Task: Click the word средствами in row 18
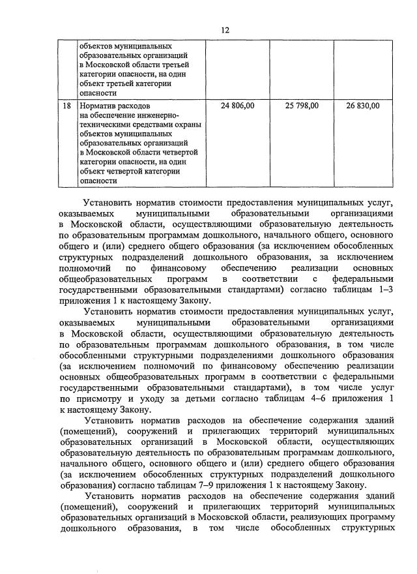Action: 151,124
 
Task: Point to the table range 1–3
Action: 386,289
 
